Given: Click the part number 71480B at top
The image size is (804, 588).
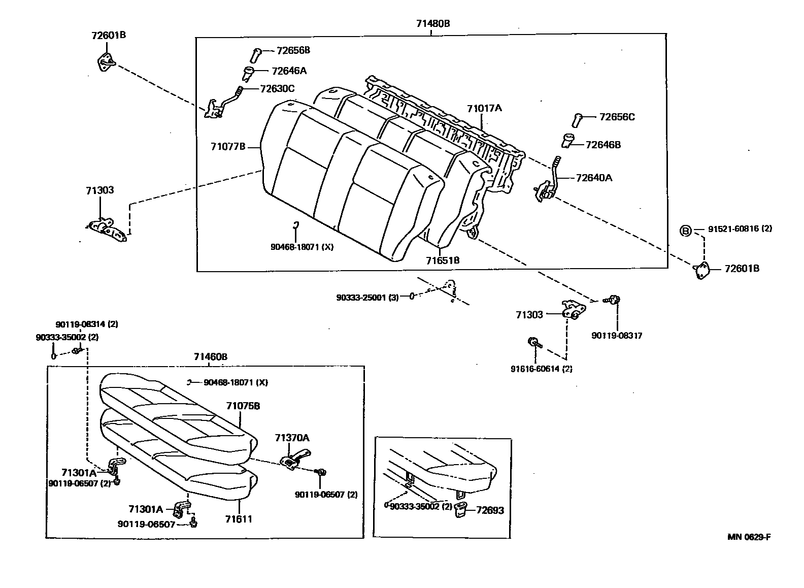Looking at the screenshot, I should [433, 23].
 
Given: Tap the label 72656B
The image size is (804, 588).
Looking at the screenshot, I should [293, 50].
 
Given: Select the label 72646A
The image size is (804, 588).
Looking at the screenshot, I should [289, 71].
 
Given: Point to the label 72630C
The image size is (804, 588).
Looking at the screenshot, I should [277, 88].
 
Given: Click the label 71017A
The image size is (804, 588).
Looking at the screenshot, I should [484, 108].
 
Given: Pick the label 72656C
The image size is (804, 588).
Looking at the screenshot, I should [617, 117].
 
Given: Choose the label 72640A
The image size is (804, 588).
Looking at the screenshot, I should [594, 178].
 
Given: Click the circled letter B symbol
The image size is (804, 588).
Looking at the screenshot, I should [685, 231].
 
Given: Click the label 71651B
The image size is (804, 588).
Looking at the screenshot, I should [443, 260].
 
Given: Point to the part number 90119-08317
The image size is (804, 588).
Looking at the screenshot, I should [617, 336].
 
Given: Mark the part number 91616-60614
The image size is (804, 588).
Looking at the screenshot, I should [541, 369].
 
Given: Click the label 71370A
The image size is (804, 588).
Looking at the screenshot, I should [292, 438].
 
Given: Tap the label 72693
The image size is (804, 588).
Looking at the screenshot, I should [490, 510].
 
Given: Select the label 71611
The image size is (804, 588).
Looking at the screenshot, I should [240, 519].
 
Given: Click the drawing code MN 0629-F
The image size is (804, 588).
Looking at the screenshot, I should [749, 537].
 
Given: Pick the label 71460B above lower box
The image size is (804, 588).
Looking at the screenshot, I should [210, 357].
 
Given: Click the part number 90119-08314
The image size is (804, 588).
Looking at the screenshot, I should [86, 324].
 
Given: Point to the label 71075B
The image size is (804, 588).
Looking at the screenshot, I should [243, 406].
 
